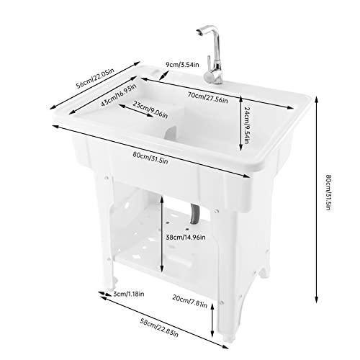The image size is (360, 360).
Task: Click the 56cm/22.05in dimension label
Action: [95, 78]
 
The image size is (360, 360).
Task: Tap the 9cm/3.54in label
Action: [182, 65]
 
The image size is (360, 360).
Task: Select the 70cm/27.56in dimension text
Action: [208, 98]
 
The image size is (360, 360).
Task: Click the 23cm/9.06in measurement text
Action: [150, 110]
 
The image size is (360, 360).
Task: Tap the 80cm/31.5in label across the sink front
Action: [150, 158]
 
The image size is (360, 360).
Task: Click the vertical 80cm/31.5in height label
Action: [328, 193]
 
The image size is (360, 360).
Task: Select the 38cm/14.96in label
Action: [186, 238]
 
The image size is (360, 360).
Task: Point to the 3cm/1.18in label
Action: [129, 294]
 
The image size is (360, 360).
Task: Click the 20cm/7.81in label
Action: [190, 301]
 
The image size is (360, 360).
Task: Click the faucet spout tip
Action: [198, 33]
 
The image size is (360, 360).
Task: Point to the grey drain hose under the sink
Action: [194, 214]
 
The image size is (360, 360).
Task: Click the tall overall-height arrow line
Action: [317, 199]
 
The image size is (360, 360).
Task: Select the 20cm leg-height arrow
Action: [212, 320]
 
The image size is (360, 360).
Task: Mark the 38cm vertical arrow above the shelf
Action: [162, 233]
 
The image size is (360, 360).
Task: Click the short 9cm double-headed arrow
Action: [164, 75]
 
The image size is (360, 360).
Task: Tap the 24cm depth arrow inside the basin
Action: [240, 123]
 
